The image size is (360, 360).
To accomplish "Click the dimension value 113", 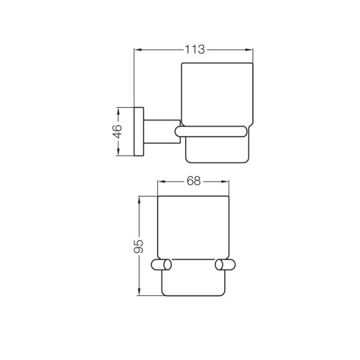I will point(194,49).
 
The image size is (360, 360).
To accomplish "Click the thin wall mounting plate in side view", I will point(138,133).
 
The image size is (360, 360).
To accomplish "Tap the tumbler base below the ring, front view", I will point(193,283).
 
